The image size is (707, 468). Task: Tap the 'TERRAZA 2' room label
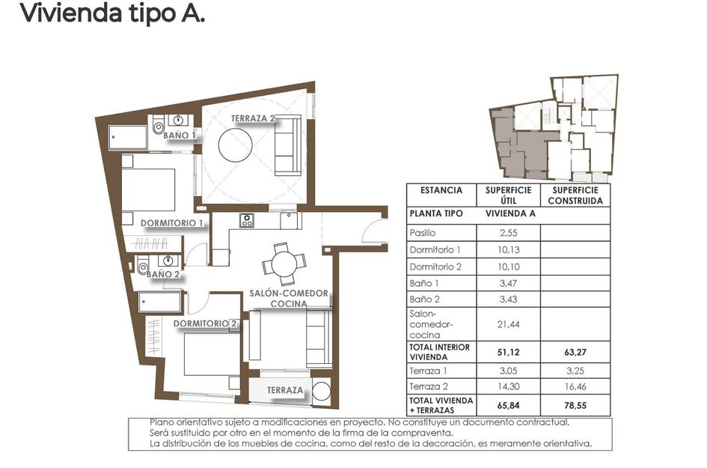(253, 118)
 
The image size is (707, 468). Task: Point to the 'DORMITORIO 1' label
(172, 222)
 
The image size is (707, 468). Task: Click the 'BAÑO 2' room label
(163, 275)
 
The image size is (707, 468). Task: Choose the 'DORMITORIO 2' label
(206, 323)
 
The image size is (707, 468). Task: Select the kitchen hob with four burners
(247, 220)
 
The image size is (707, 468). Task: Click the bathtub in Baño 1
(129, 138)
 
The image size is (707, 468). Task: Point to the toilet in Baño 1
(158, 129)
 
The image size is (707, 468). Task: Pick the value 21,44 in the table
(508, 324)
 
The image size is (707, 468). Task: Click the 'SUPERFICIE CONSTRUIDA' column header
(575, 195)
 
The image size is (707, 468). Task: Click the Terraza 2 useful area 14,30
(508, 386)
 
